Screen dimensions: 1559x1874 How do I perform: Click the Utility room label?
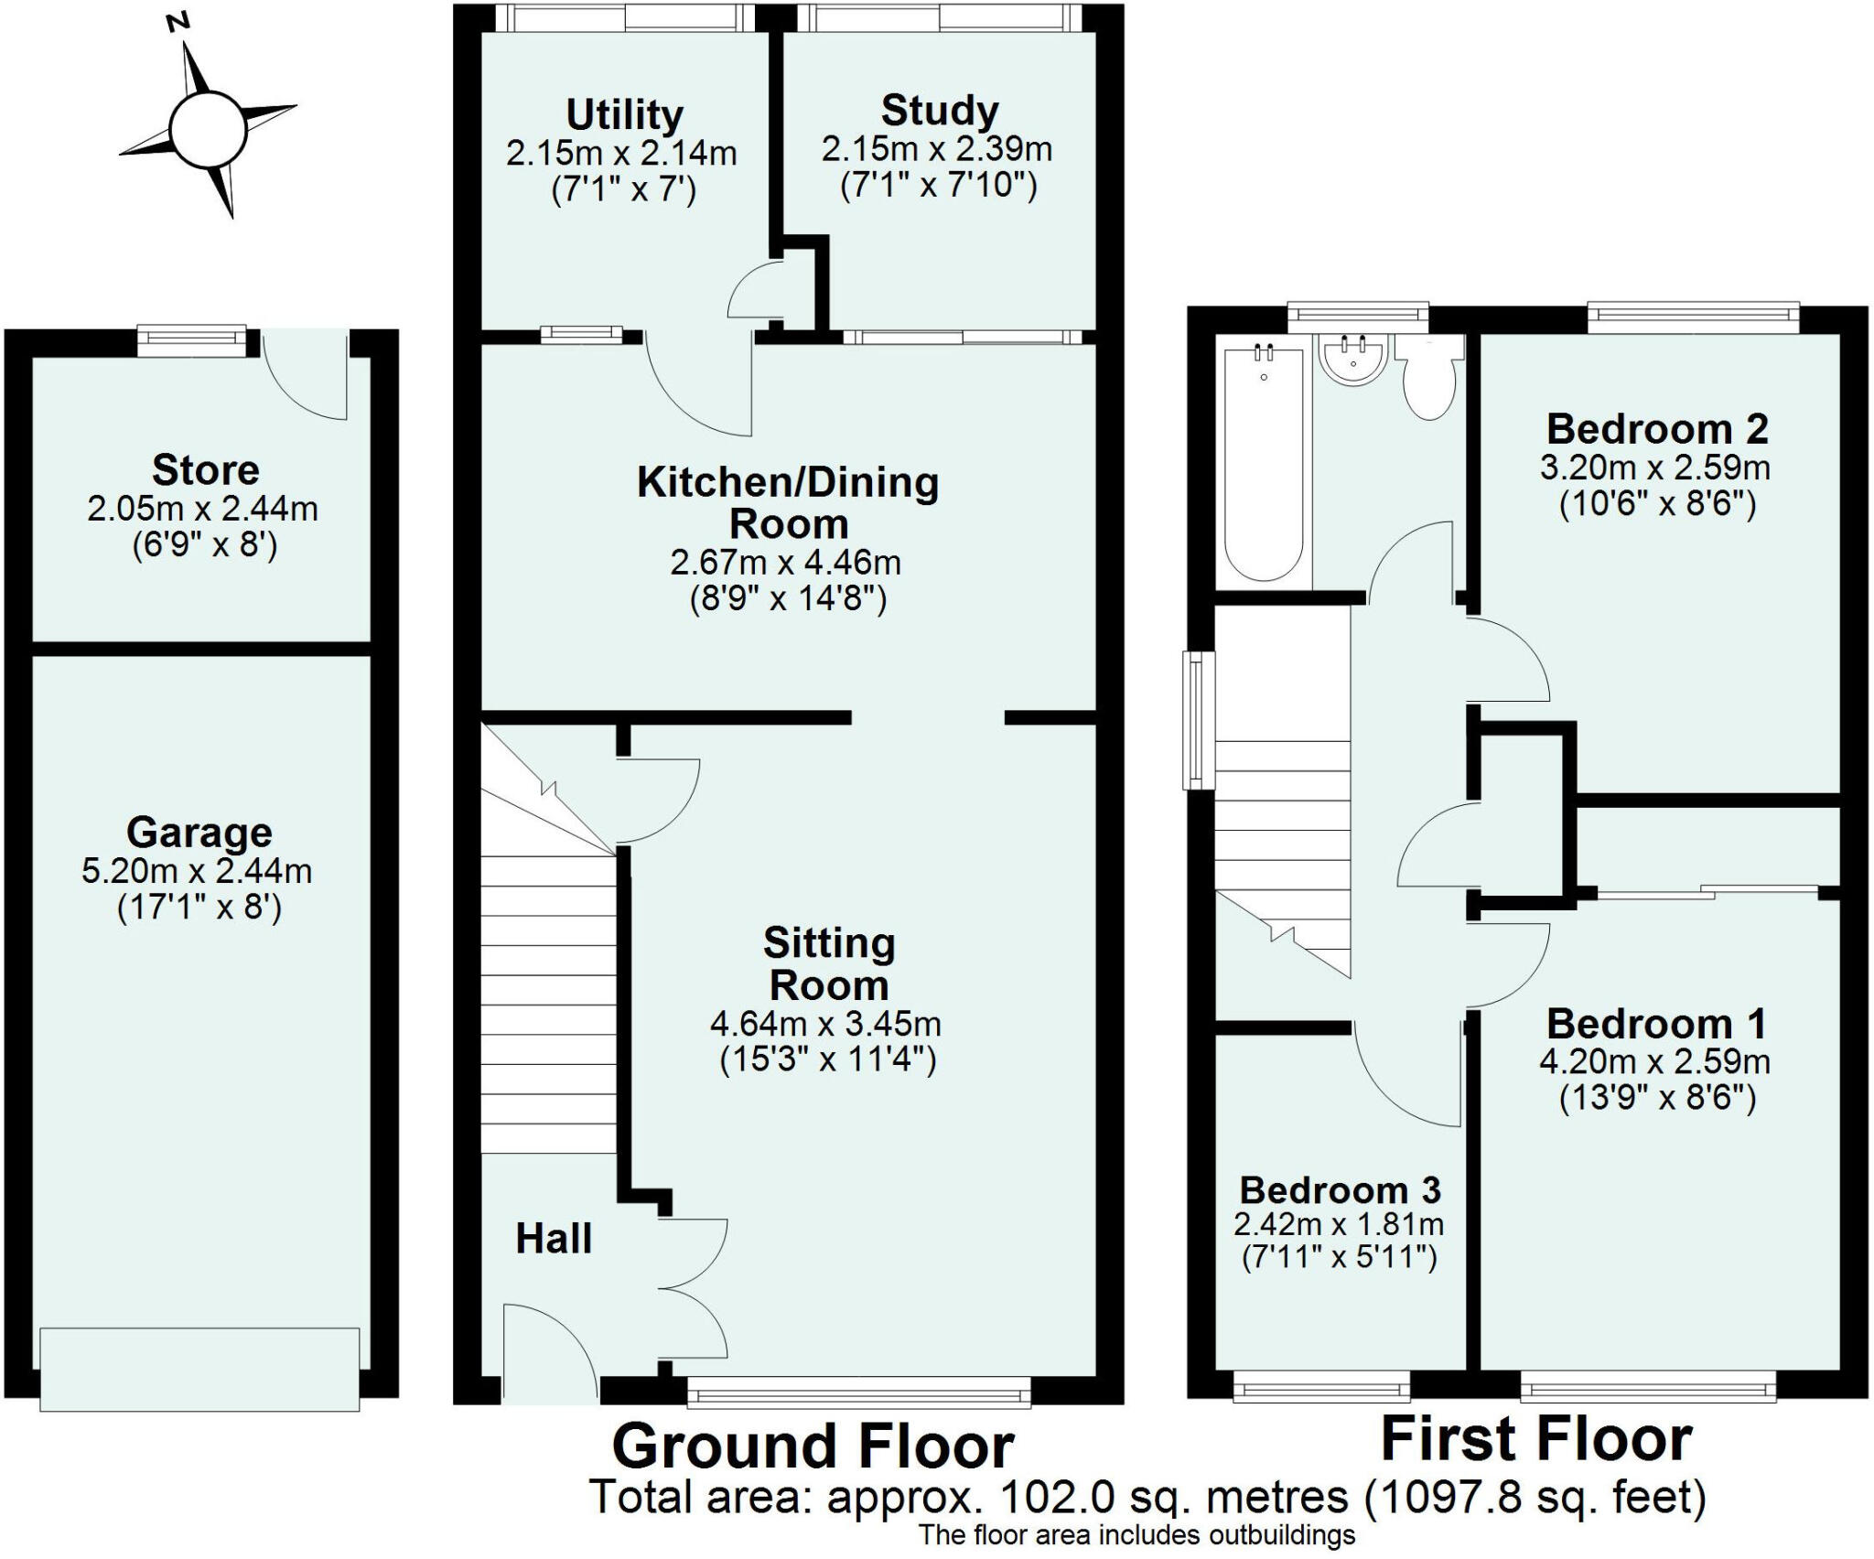tap(624, 115)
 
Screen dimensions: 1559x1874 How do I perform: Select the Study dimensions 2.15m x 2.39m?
tap(936, 149)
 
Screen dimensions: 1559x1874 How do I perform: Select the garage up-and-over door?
tap(199, 1369)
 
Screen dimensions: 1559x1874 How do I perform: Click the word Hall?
tap(554, 1239)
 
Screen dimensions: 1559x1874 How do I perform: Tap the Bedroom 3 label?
tap(1340, 1190)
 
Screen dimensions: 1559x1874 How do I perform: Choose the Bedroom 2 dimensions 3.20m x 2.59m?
tap(1654, 468)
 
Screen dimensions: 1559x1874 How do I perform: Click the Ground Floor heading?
tap(813, 1446)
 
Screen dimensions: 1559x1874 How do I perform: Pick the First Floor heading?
tap(1535, 1439)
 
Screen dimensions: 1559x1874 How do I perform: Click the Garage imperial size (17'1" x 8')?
tap(199, 908)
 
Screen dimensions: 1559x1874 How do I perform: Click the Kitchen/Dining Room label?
tap(788, 503)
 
